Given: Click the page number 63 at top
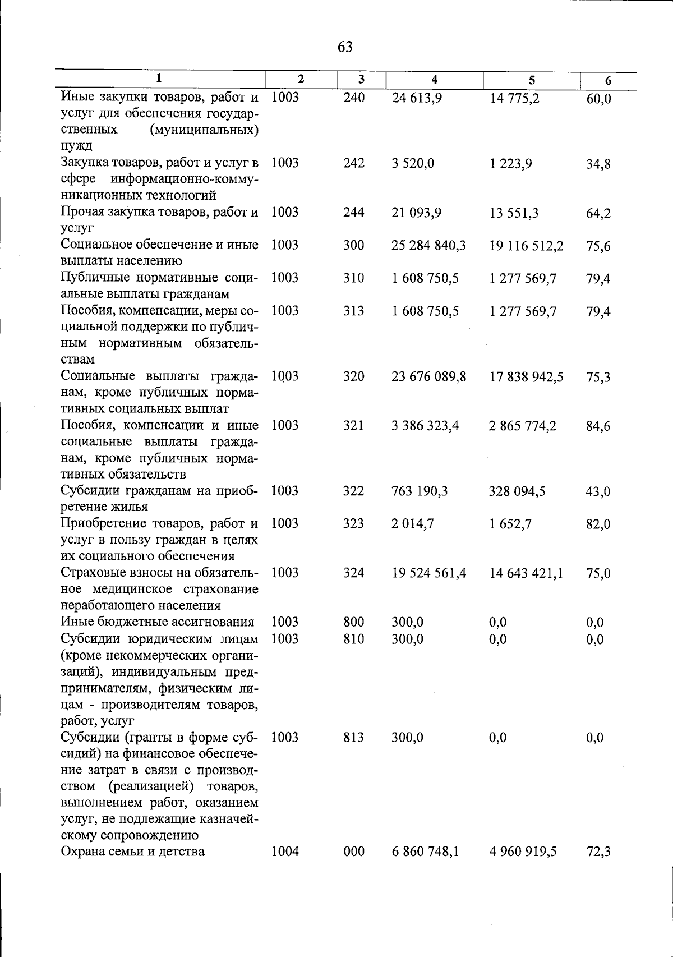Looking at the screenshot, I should pos(345,47).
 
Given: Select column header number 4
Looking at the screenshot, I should pos(434,80).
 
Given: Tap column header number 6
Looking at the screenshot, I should pos(608,81).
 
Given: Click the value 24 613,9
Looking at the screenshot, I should pos(417,98).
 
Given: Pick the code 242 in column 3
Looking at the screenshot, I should pos(354,163).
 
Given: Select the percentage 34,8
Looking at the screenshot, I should pos(598,164).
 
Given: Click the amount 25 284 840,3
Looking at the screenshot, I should pos(428,246).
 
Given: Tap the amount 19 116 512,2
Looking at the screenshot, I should pos(526,246).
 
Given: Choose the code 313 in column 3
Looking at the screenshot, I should pos(354,311).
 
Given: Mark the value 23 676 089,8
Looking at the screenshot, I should pos(428,377).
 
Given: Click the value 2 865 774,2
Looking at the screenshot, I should pos(523,426).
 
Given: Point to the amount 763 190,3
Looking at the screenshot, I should pos(420,491).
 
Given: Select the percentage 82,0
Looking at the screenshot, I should pos(598,524).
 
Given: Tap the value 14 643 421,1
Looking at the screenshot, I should pos(526,574).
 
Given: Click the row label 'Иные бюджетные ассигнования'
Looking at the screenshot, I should pos(158,622).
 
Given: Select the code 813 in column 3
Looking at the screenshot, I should pos(354,738).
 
